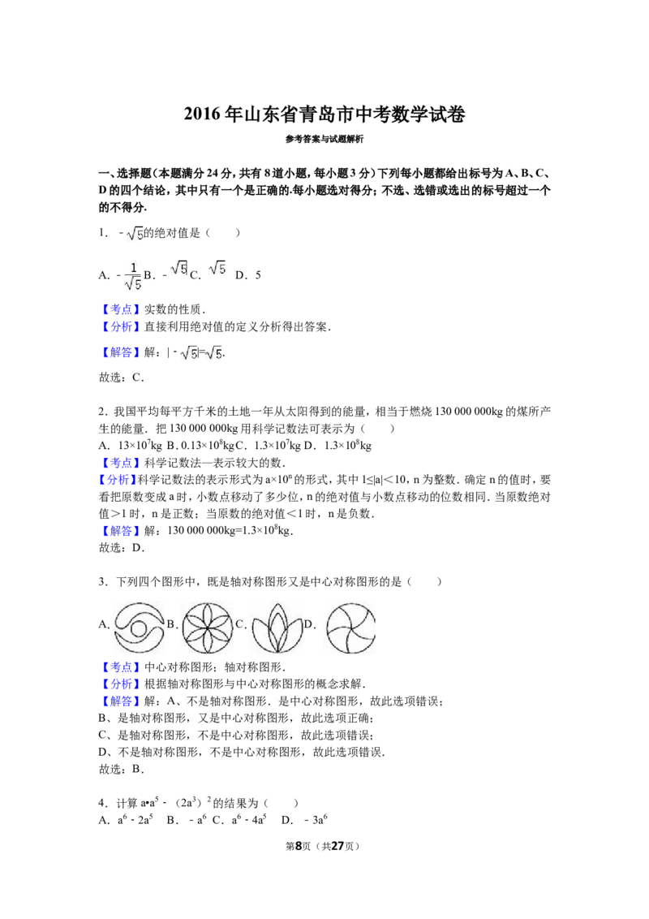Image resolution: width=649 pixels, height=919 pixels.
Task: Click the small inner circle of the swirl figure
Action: [x=139, y=628]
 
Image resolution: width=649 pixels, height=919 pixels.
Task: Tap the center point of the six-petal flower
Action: [x=208, y=627]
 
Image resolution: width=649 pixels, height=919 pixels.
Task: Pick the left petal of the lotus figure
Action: [x=260, y=635]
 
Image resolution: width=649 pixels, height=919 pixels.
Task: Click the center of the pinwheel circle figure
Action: [x=347, y=627]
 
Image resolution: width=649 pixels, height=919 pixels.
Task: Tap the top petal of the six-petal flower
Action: [x=208, y=614]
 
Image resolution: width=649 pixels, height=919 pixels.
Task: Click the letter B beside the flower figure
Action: [x=170, y=624]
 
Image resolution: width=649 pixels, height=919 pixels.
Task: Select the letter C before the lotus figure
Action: [x=238, y=624]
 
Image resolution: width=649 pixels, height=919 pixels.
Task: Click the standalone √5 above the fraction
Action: [x=135, y=235]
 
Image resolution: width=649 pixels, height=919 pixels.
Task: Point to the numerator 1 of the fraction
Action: [x=133, y=267]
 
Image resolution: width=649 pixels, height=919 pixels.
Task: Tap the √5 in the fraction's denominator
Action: [x=133, y=283]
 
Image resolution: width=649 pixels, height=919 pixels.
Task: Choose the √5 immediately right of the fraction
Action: [x=178, y=270]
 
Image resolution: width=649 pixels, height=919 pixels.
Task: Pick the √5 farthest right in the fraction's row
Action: [x=217, y=270]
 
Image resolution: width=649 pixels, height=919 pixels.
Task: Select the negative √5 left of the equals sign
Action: [x=187, y=353]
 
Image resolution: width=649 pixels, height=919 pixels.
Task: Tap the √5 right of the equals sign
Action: [x=215, y=353]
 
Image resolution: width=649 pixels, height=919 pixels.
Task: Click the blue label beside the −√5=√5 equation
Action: [x=120, y=353]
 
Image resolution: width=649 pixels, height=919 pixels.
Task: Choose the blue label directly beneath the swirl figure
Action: [x=120, y=667]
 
